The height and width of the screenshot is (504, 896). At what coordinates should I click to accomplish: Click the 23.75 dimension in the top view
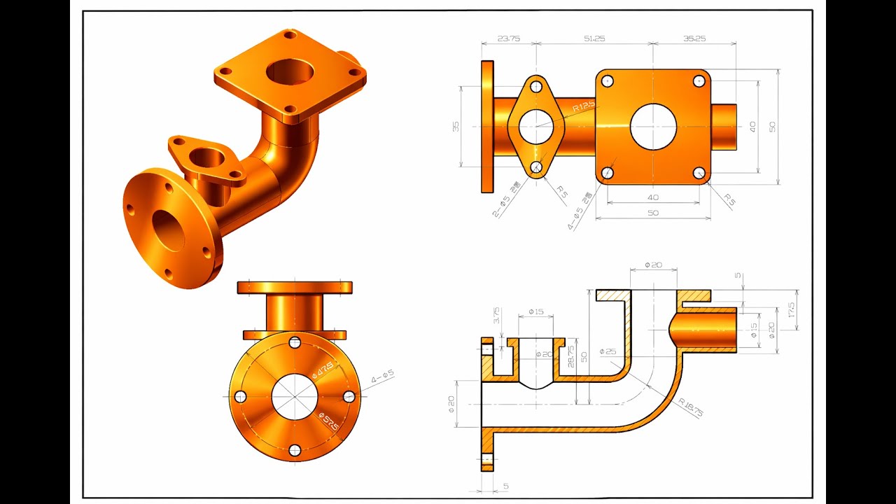click(x=509, y=39)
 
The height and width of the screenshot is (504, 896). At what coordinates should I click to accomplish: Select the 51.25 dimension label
click(x=594, y=39)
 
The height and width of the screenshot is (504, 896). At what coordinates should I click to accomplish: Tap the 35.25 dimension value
click(x=694, y=39)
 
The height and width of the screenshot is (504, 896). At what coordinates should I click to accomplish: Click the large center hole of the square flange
click(x=653, y=127)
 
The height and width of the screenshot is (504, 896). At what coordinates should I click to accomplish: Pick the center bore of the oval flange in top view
click(x=536, y=127)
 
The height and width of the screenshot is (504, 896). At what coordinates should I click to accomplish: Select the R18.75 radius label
click(x=690, y=407)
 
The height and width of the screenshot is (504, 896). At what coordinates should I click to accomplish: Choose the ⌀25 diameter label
click(x=608, y=351)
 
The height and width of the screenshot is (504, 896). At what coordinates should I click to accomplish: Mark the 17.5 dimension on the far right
click(x=791, y=311)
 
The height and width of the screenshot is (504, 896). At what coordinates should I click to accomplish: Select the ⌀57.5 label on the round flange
click(x=328, y=422)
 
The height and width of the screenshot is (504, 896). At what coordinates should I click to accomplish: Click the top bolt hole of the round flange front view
click(x=295, y=343)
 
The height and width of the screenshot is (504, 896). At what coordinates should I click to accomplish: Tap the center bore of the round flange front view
click(x=295, y=397)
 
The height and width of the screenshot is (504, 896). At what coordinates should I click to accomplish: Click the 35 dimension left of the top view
click(x=456, y=127)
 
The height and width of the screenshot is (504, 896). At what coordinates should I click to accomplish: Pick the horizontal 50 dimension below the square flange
click(x=652, y=213)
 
